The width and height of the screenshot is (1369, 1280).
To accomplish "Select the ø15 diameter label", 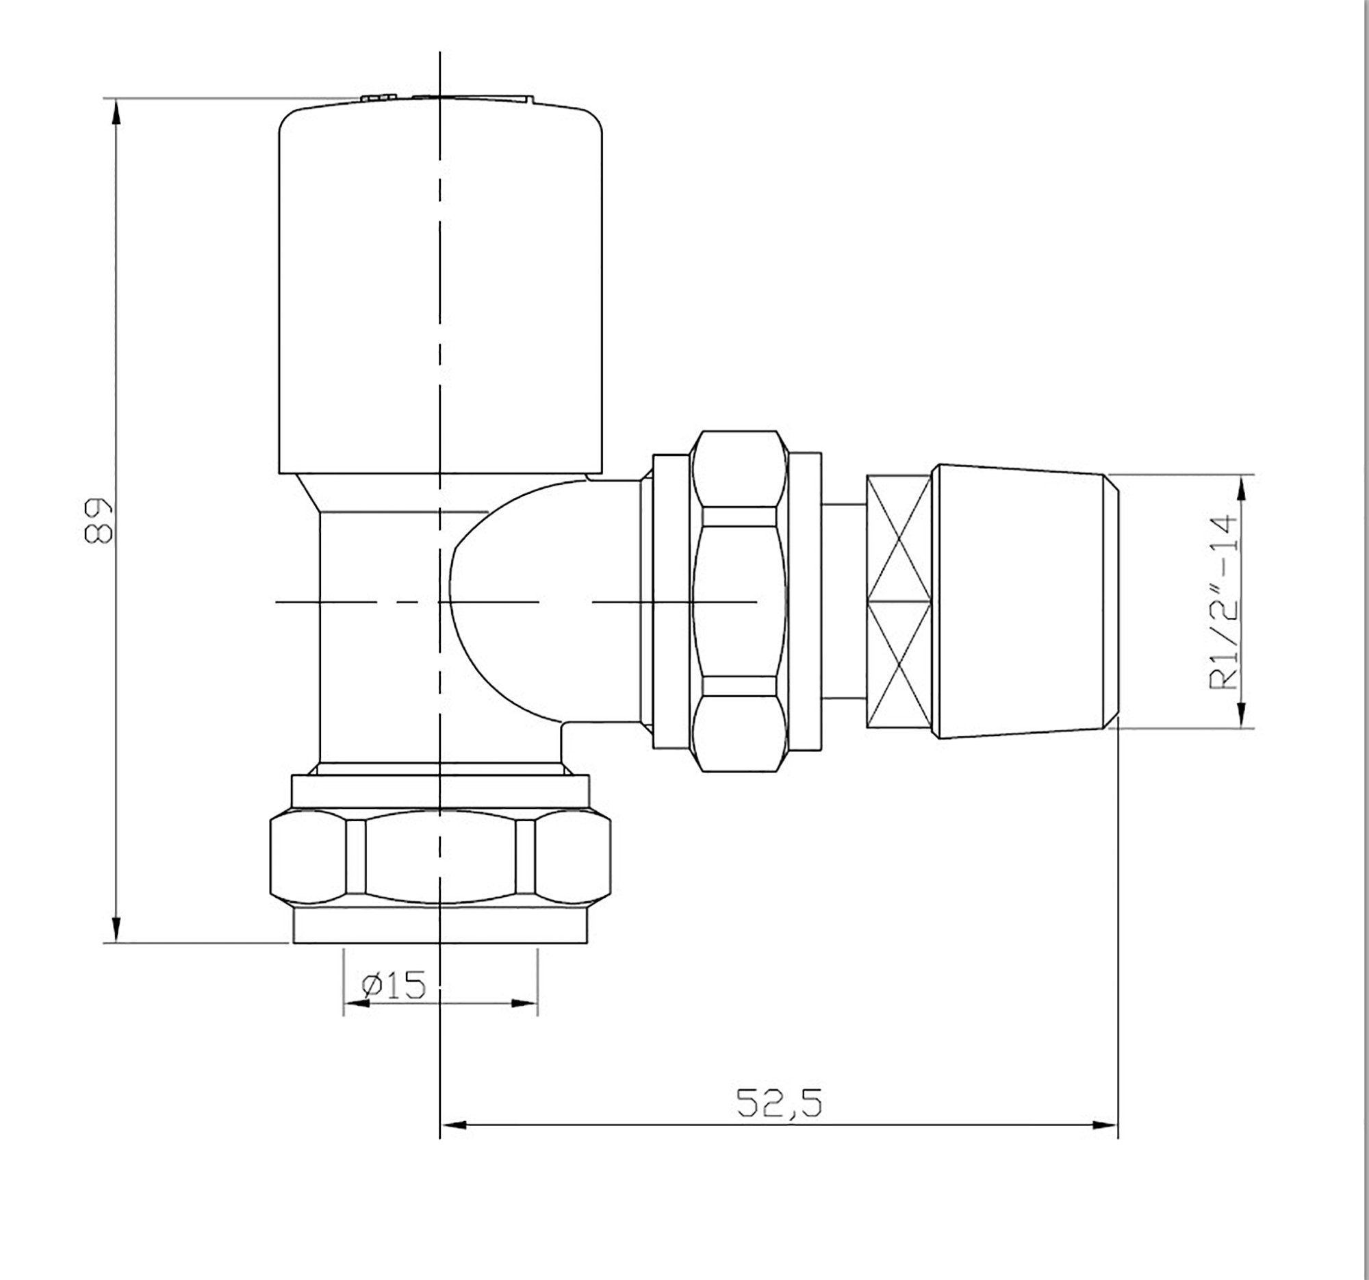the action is click(394, 986).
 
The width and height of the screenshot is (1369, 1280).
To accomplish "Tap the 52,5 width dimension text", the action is click(779, 1103).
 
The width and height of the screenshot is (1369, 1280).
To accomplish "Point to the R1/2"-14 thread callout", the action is click(1224, 602).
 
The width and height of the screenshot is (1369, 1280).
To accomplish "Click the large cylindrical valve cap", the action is click(440, 289).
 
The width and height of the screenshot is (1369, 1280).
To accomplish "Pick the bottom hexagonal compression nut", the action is click(440, 858).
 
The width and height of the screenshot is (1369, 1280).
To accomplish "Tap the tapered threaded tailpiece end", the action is click(1025, 601).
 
